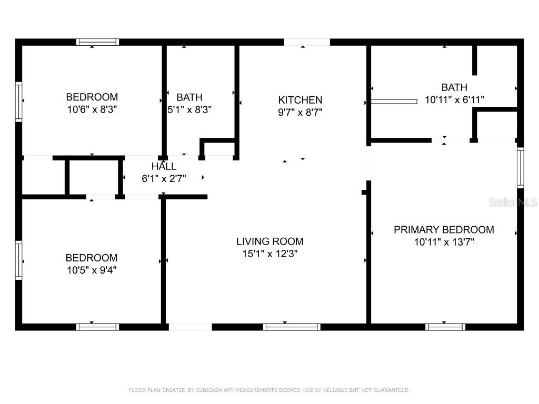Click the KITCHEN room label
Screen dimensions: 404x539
pos(300,100)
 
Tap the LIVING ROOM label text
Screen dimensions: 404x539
pos(269,241)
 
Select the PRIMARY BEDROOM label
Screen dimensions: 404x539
pos(444,229)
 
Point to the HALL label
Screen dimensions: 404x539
pos(164,167)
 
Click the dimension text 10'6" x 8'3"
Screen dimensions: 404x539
pos(92,109)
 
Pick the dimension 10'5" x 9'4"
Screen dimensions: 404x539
pos(91,270)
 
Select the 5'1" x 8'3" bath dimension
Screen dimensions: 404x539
pos(189,109)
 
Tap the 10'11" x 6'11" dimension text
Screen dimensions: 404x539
pos(454,99)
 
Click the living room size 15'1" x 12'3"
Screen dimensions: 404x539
pos(269,254)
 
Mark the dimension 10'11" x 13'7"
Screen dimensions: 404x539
pos(444,242)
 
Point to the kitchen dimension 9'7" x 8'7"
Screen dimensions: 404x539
pos(300,112)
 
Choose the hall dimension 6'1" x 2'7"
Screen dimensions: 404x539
pos(164,178)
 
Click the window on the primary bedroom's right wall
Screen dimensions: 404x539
pos(520,168)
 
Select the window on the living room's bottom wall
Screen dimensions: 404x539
pos(292,327)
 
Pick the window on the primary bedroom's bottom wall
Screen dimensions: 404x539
pos(445,327)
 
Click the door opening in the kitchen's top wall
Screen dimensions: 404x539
pos(307,42)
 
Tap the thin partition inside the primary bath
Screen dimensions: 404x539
pos(394,101)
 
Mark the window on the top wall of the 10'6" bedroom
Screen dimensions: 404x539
pos(97,42)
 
